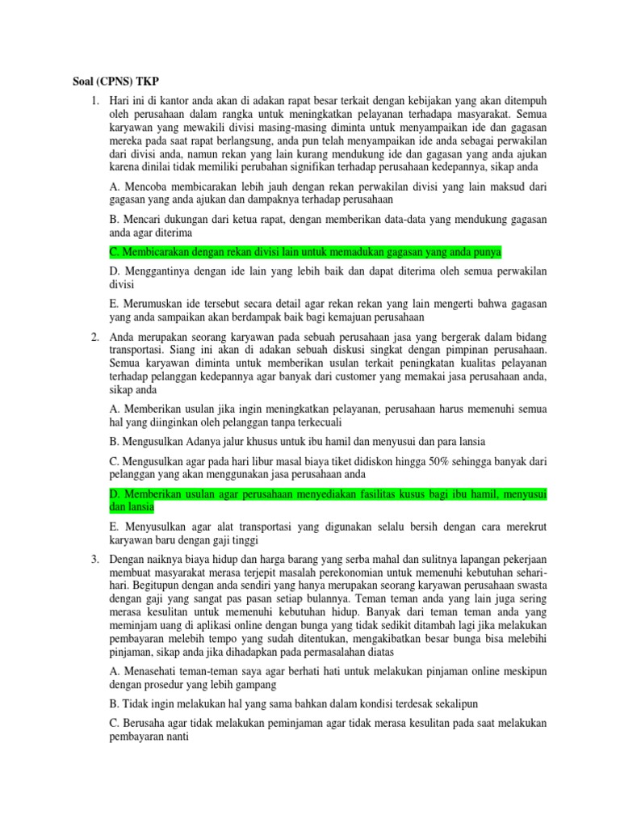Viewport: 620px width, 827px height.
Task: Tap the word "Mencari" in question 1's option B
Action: tap(144, 219)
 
